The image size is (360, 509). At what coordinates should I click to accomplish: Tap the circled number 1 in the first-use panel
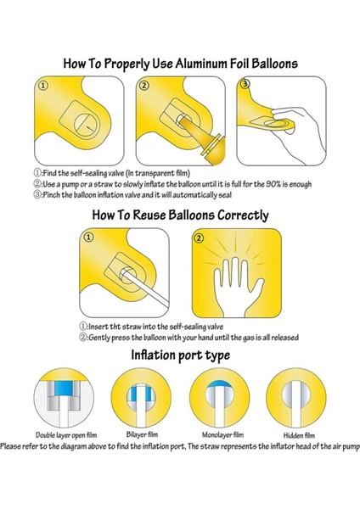tap(43, 85)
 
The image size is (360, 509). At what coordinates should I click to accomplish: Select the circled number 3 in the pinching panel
tap(245, 85)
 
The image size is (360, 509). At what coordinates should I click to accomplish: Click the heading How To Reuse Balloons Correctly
tap(182, 215)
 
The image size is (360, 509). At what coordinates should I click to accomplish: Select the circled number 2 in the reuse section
tap(200, 239)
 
